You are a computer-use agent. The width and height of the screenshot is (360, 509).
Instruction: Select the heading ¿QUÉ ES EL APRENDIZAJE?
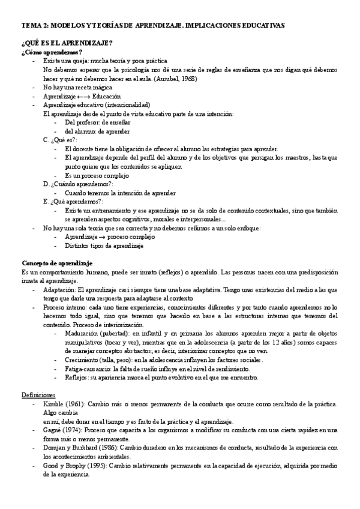(x=67, y=44)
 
